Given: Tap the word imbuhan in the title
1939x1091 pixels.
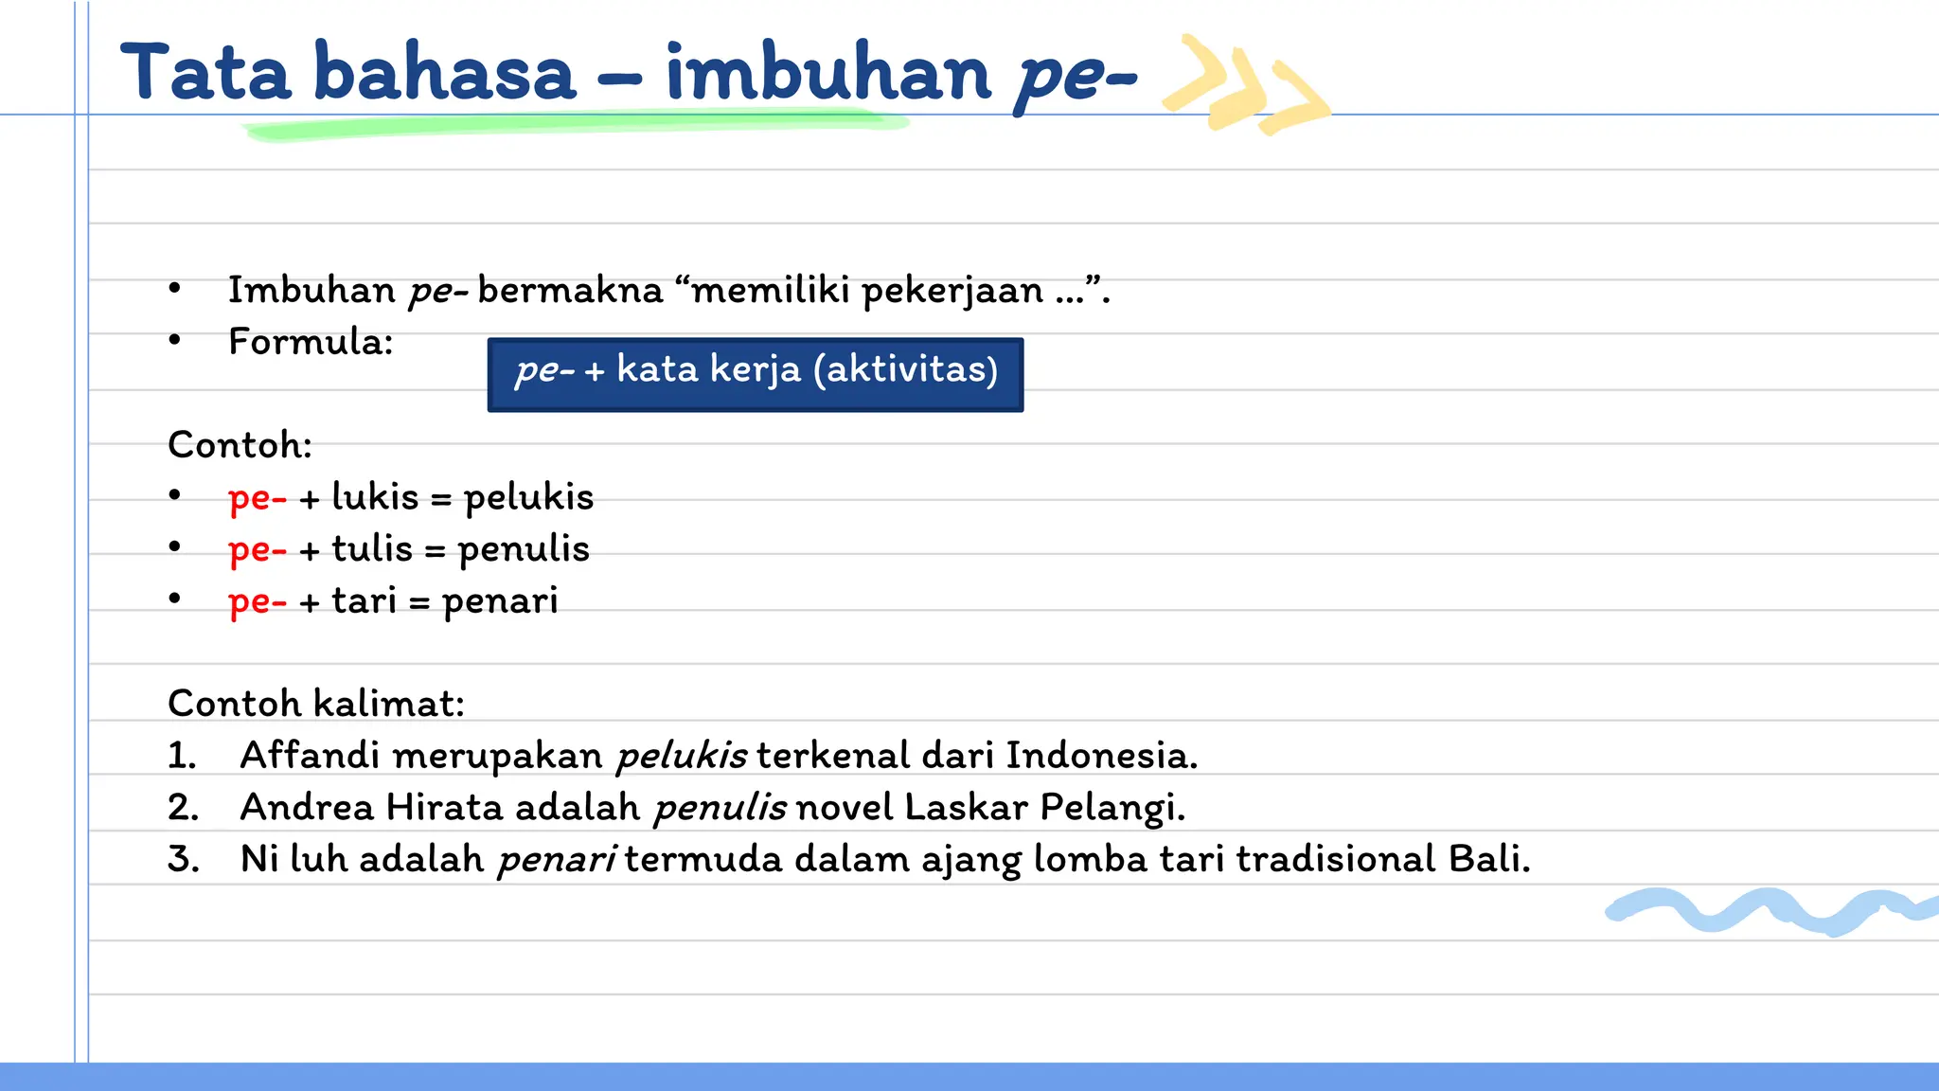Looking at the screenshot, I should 828,74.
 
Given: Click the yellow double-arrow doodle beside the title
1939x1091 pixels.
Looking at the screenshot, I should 1245,85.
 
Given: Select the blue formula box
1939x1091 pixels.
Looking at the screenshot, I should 755,374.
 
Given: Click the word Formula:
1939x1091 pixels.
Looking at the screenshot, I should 311,342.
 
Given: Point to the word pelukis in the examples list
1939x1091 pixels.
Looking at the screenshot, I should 528,498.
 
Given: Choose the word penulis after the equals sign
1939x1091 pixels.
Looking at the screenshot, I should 524,550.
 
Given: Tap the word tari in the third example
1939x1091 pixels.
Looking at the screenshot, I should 364,601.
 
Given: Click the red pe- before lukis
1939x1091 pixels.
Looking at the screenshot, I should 257,498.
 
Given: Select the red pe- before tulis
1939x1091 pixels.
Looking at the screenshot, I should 257,550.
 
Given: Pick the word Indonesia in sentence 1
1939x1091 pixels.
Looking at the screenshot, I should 1100,756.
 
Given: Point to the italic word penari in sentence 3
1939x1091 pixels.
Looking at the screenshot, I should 557,860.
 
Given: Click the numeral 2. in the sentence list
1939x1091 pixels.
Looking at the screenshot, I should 183,808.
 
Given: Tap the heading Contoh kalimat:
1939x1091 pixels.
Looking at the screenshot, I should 316,704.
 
